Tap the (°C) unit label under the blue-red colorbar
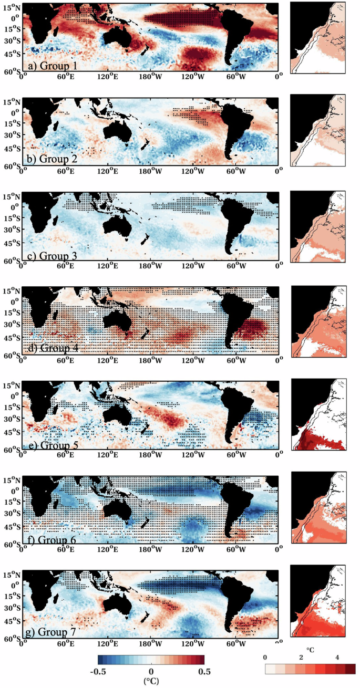[x=151, y=681]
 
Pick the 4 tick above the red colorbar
[x=337, y=658]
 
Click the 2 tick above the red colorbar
[x=302, y=658]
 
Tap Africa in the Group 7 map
[x=39, y=593]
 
